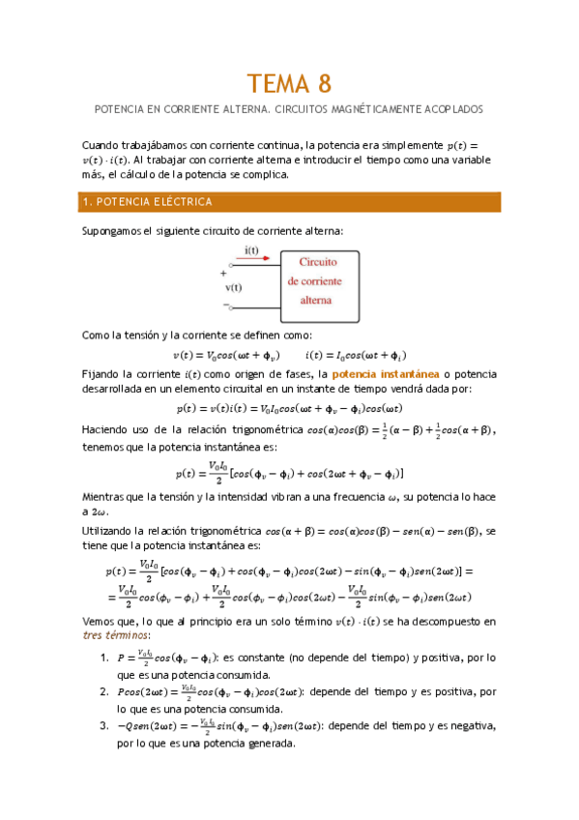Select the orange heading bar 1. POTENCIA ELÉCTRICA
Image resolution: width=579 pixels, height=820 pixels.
290,202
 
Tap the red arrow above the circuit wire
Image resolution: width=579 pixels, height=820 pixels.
252,258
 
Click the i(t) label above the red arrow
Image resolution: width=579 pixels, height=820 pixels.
251,249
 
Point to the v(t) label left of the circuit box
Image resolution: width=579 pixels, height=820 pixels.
234,287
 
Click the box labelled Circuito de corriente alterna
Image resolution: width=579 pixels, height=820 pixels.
321,280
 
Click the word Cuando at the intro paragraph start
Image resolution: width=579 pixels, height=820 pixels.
101,144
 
